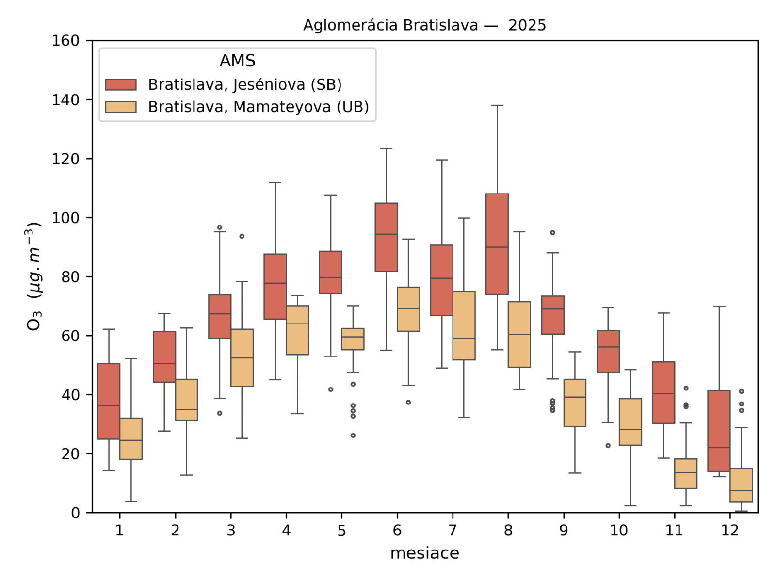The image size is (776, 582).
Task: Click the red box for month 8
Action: tap(497, 244)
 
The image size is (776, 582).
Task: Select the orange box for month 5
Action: tap(353, 339)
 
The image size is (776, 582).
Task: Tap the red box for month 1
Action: tap(109, 401)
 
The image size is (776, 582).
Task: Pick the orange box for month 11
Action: tap(686, 473)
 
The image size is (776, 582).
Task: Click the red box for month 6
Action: tap(387, 237)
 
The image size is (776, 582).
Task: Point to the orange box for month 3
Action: tap(242, 357)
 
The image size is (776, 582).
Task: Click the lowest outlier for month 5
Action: tap(353, 436)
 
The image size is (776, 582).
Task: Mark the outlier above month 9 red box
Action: tap(552, 233)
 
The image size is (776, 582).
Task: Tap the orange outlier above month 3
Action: tap(242, 236)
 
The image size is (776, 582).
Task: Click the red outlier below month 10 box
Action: tap(608, 445)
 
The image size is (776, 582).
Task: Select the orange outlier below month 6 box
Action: tap(408, 402)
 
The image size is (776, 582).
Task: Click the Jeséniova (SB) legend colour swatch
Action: tap(121, 85)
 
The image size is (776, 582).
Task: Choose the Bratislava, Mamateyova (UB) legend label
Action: tap(259, 107)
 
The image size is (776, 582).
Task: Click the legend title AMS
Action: tap(237, 61)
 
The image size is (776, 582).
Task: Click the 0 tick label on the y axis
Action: tap(75, 513)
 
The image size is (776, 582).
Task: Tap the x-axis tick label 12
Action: tap(730, 531)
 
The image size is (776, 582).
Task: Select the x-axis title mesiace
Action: tap(424, 553)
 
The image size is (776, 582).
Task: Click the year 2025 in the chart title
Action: tap(527, 25)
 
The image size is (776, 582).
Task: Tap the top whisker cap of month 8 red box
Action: tap(497, 105)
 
